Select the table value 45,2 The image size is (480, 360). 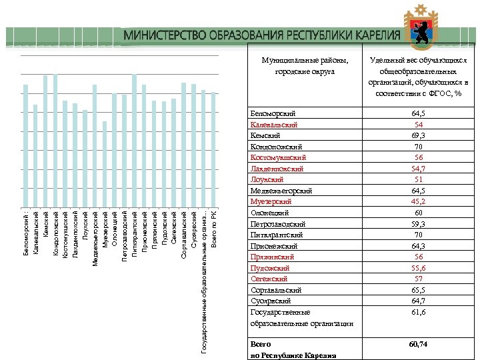point(419,201)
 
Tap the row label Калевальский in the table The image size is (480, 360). point(273,125)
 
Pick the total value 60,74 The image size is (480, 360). point(419,344)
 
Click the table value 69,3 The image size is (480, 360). point(419,135)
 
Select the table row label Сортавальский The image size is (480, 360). point(276,290)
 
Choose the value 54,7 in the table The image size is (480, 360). point(419,169)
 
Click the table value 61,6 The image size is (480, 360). point(419,311)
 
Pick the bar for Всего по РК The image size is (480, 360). point(213,149)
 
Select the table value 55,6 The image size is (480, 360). point(419,267)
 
